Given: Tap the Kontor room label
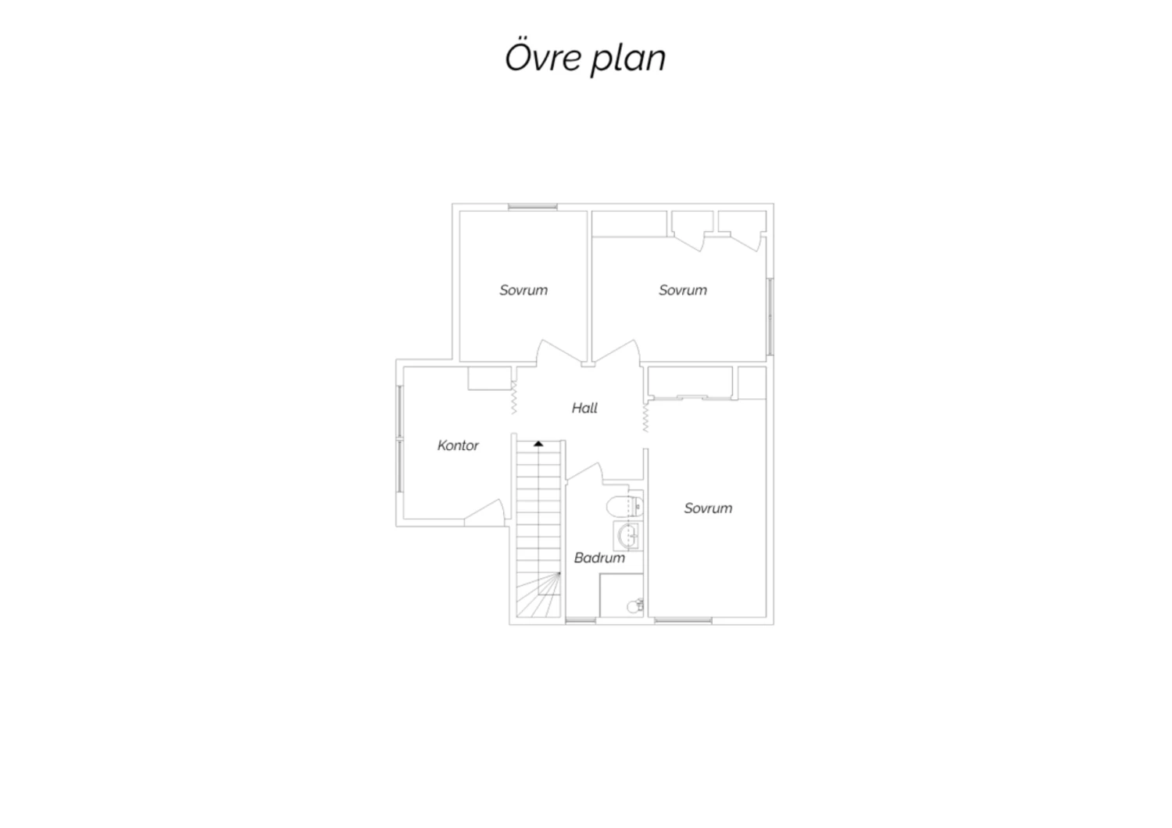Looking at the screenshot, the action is click(x=458, y=446).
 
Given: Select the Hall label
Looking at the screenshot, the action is click(x=584, y=408).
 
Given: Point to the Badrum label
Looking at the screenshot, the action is click(x=599, y=558).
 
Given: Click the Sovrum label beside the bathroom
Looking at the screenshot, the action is click(x=709, y=509).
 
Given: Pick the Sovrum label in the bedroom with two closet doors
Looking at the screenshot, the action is click(x=683, y=291).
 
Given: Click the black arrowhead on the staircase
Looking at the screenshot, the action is click(x=538, y=444).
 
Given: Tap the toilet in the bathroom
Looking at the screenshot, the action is click(x=625, y=505).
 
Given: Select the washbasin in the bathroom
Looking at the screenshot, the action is click(x=628, y=535).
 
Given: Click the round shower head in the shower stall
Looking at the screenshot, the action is click(x=635, y=605).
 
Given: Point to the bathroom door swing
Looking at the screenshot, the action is click(x=584, y=471).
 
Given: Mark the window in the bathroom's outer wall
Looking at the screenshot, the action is click(x=581, y=621).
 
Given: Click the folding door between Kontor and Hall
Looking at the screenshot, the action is click(x=514, y=398).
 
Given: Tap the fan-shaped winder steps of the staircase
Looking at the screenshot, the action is click(x=538, y=594).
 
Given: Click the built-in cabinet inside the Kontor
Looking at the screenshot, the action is click(x=490, y=378).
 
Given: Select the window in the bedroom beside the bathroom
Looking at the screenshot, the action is click(x=684, y=621).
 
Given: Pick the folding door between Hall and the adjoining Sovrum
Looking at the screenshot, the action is click(x=645, y=417).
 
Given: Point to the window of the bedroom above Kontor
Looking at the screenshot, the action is click(x=533, y=207).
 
